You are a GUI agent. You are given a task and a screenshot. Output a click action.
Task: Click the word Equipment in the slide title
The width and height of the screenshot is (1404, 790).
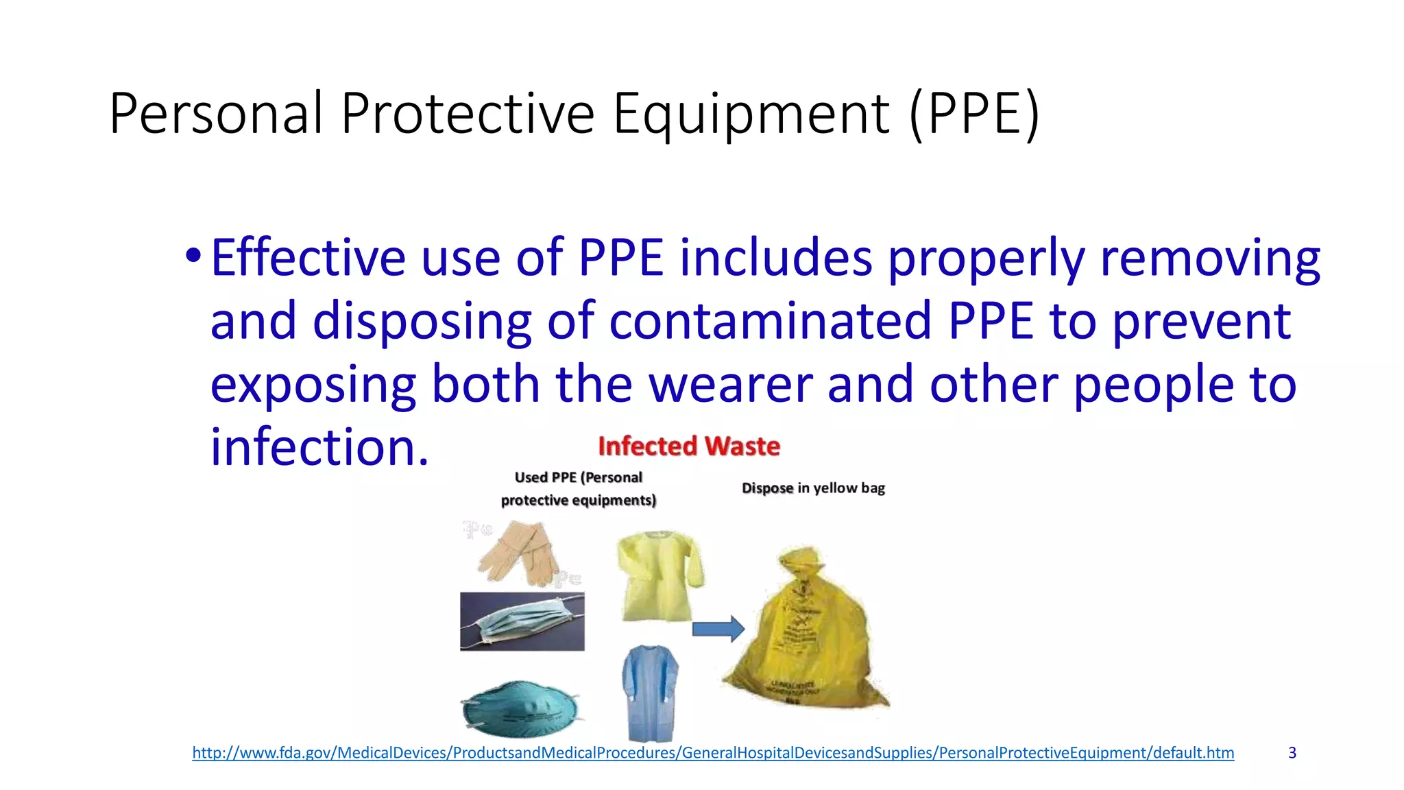point(750,114)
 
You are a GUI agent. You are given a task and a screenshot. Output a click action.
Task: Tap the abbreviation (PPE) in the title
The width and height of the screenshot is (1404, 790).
point(974,114)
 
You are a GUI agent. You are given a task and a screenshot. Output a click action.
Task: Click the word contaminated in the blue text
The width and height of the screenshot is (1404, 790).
point(769,321)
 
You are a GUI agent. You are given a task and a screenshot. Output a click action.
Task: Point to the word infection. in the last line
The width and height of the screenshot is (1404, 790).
point(319,447)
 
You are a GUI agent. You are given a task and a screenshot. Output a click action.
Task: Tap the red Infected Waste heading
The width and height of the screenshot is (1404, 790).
point(688,446)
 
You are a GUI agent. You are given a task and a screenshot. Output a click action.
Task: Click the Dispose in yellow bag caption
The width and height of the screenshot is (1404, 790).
point(813,488)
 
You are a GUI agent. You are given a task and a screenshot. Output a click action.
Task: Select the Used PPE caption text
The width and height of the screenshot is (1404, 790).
point(578,488)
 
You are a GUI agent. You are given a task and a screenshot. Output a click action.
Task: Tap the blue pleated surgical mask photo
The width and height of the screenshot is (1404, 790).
point(522,621)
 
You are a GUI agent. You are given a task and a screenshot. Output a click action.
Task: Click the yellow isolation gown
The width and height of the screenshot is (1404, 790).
point(658,575)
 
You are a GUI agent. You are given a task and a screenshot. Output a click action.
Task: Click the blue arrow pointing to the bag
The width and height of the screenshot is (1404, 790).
point(718,628)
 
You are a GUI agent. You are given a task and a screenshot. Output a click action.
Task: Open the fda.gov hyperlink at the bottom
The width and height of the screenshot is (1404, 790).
point(712,753)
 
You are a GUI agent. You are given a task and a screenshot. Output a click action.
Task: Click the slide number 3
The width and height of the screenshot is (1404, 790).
point(1292,753)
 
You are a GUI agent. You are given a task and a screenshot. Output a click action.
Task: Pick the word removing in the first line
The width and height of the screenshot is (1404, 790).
point(1209,258)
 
